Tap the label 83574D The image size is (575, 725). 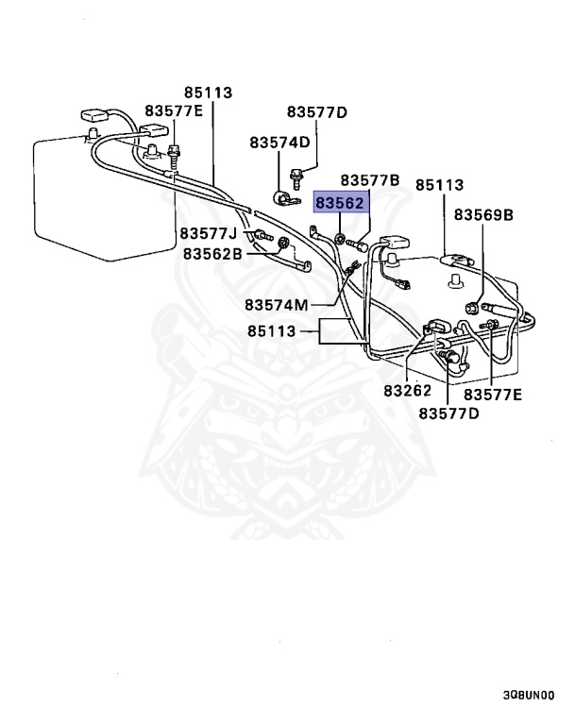click(x=279, y=143)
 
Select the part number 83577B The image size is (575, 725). click(x=370, y=179)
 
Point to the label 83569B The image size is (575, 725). click(x=483, y=215)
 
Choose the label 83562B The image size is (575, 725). click(x=212, y=253)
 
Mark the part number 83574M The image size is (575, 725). click(x=276, y=305)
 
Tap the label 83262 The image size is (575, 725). click(x=408, y=390)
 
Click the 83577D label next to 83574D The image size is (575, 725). click(x=317, y=113)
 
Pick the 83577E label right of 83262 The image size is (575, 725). click(x=491, y=394)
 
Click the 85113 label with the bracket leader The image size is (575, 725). click(x=273, y=331)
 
